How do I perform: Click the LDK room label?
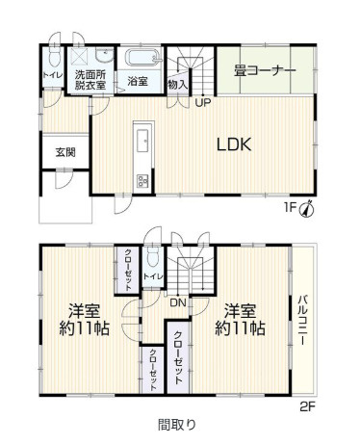(x=234, y=144)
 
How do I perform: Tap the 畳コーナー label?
(x=265, y=70)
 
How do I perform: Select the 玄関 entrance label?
(x=65, y=152)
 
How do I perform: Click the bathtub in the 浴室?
(x=142, y=58)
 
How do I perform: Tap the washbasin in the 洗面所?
(x=105, y=56)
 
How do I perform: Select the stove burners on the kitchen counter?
(x=142, y=181)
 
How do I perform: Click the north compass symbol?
(x=306, y=209)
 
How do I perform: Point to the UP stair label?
(x=203, y=103)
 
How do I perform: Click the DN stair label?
(x=178, y=302)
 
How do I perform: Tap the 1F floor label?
(x=290, y=208)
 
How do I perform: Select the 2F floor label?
(x=308, y=407)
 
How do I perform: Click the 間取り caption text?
(x=177, y=425)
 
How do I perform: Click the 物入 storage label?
(x=177, y=85)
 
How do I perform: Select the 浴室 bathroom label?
(x=138, y=81)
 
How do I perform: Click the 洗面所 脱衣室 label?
(x=90, y=80)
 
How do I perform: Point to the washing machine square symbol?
(x=81, y=57)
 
